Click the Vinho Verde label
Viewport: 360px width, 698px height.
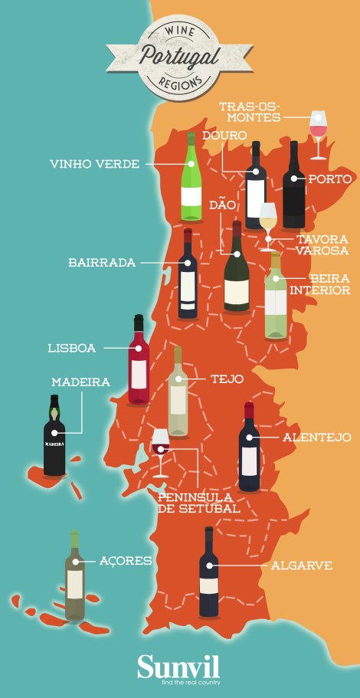[94, 164]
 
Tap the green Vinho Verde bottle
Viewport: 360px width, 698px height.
[191, 180]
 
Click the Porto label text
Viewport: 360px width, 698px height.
[329, 179]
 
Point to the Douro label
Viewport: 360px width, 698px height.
[224, 136]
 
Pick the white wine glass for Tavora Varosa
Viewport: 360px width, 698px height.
[267, 224]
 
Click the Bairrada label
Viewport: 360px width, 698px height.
[101, 262]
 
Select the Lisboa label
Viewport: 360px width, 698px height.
[71, 348]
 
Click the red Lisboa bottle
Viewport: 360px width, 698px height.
[139, 360]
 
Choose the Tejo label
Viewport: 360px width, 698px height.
[227, 378]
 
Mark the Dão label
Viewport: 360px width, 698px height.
[221, 205]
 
